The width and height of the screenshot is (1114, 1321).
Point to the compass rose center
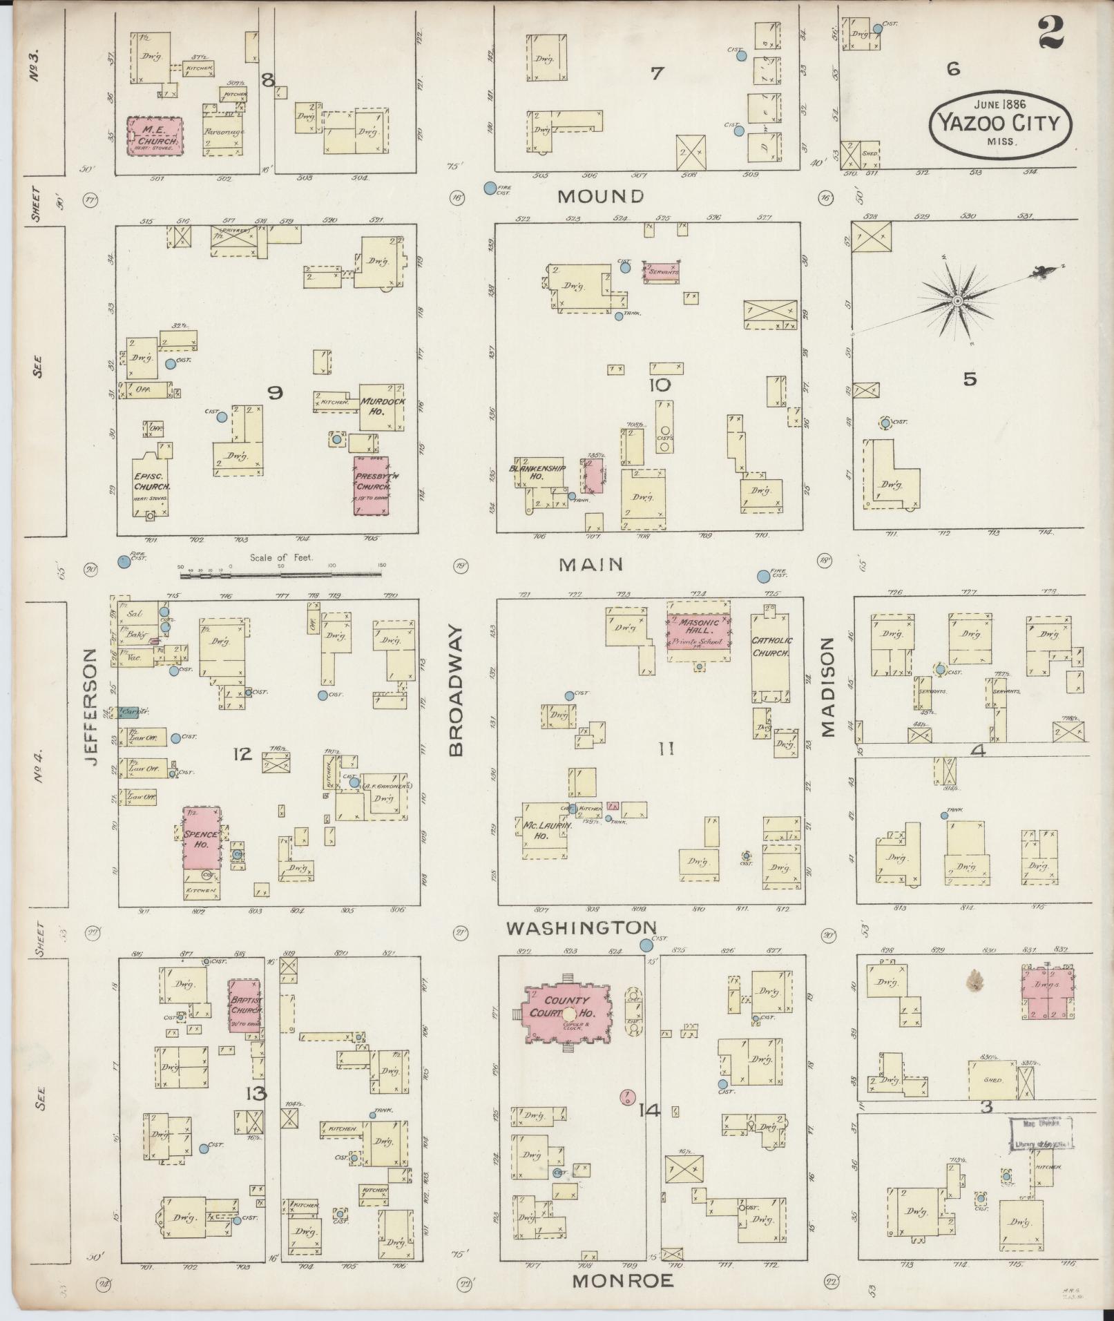tap(958, 302)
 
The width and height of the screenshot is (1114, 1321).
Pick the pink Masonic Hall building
tap(699, 629)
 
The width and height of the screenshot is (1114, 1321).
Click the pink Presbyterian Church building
tap(372, 485)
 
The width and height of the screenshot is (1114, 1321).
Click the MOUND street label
tap(600, 196)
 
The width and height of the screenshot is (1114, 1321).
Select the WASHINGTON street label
tap(580, 927)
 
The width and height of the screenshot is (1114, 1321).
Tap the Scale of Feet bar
tap(282, 572)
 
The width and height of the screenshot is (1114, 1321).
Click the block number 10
tap(660, 385)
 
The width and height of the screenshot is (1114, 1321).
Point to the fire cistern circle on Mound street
tap(490, 187)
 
